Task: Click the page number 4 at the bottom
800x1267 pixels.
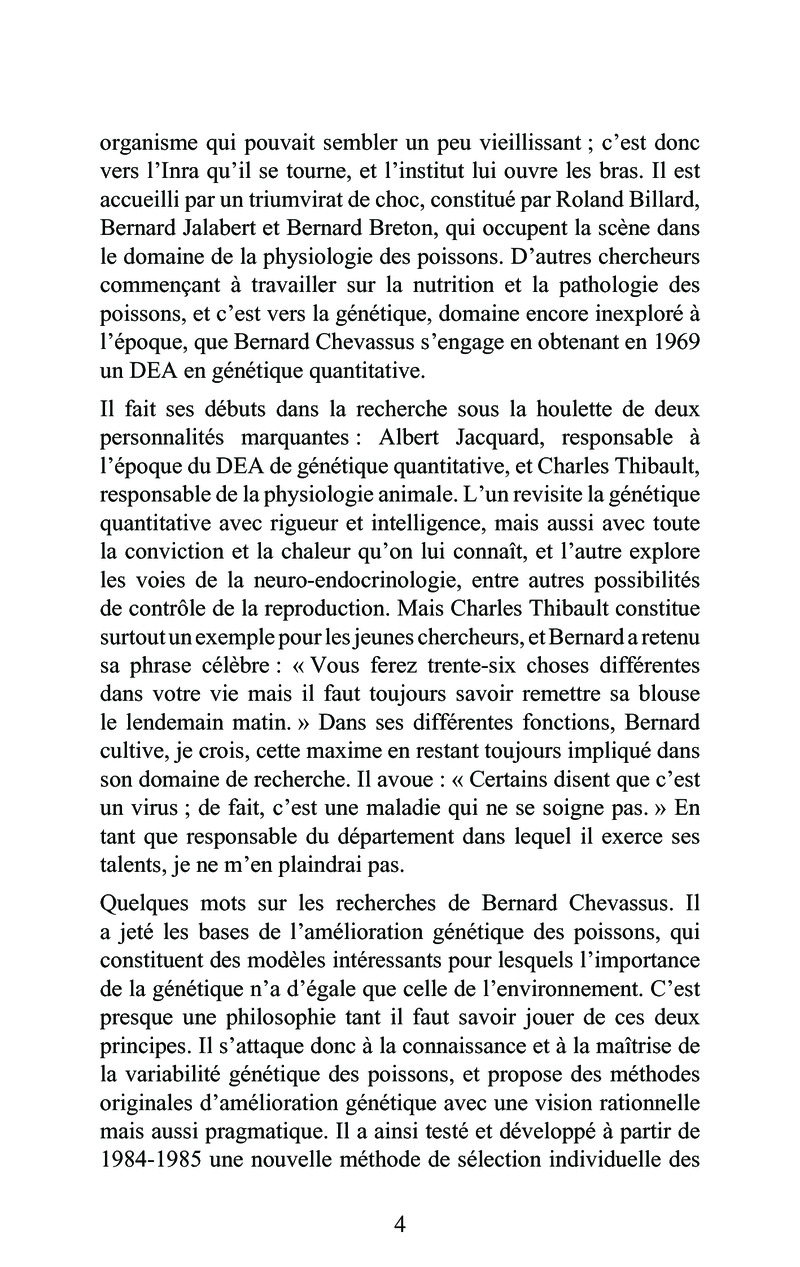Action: [400, 1225]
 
